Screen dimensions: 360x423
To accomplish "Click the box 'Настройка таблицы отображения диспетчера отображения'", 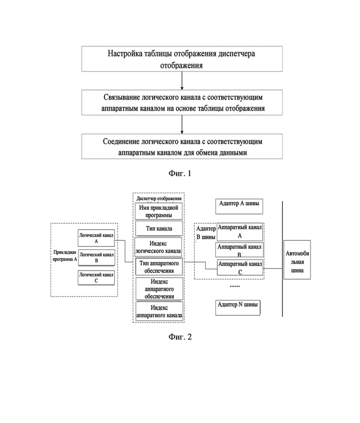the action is click(182, 59).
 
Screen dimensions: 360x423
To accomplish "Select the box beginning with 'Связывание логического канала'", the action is click(182, 102).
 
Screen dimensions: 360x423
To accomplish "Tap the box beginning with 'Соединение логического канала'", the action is click(182, 146).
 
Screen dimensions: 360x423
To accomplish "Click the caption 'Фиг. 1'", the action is click(180, 173).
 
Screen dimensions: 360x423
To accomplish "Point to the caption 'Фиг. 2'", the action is click(180, 337).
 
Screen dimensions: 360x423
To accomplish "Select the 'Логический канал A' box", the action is click(96, 238).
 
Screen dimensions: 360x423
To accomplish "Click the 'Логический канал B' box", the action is click(96, 258).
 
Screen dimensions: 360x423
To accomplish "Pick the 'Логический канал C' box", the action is click(96, 278).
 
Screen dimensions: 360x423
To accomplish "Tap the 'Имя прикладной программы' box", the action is click(159, 211).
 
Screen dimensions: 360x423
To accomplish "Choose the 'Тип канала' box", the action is click(159, 228).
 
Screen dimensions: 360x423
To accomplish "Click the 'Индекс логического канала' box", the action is click(158, 247).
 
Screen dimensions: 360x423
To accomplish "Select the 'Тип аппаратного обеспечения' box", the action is click(159, 267).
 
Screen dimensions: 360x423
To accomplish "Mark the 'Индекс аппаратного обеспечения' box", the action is click(159, 289).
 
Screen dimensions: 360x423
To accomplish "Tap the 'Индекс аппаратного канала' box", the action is click(159, 311).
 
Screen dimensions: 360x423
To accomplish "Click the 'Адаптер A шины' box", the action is click(239, 206).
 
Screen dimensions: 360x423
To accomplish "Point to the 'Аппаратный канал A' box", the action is click(240, 232).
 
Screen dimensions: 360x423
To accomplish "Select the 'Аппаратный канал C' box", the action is click(240, 268).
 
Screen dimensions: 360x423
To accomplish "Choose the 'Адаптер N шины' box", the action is click(238, 308).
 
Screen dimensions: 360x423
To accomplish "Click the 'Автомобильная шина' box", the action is click(297, 260).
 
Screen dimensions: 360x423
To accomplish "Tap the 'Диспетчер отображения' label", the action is click(159, 198).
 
